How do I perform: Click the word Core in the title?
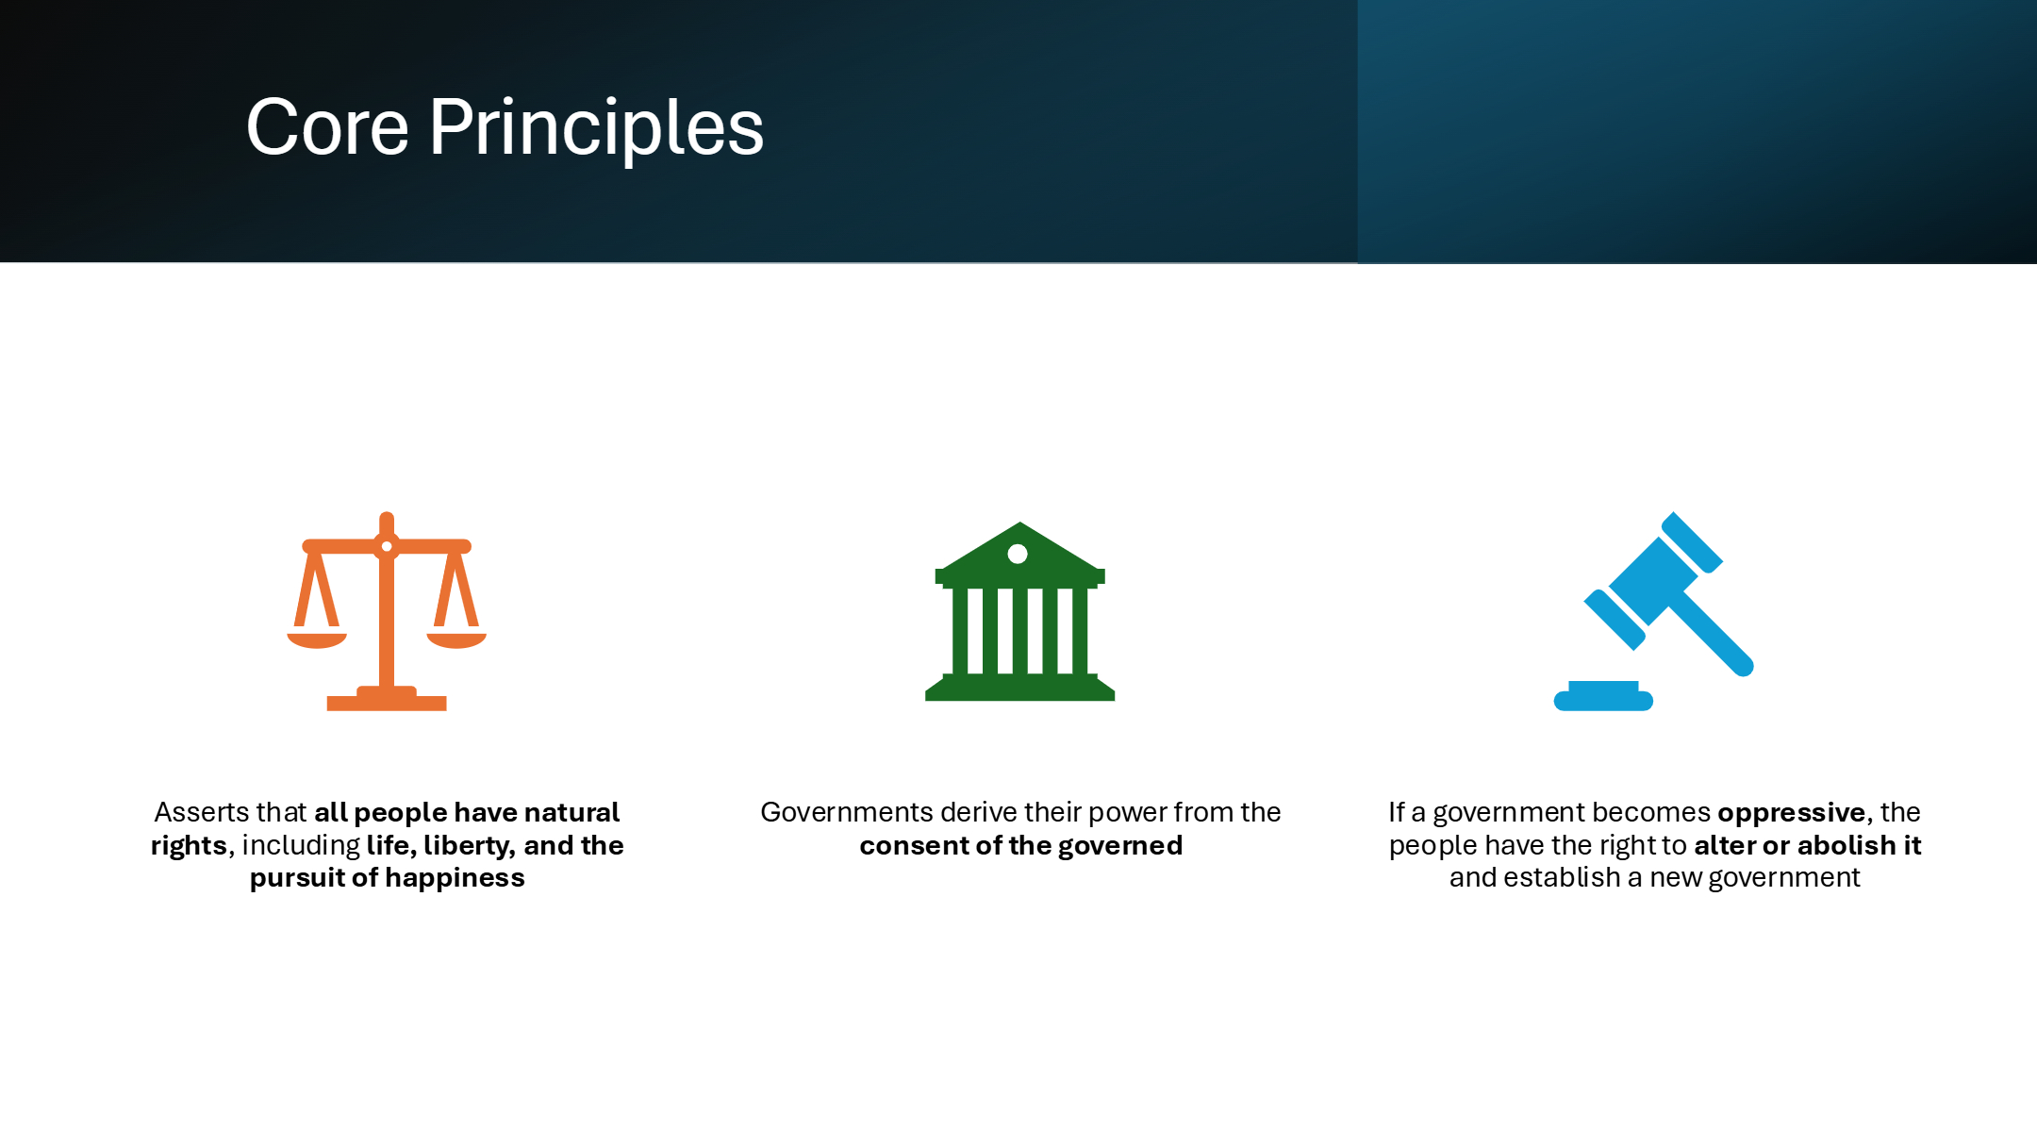(x=327, y=127)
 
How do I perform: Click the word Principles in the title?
(x=597, y=129)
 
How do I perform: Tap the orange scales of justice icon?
(x=387, y=611)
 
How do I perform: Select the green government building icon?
(x=1019, y=611)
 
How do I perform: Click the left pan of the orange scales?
(x=317, y=640)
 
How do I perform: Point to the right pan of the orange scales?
(x=456, y=640)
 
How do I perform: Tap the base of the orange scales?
(x=387, y=700)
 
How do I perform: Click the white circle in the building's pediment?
(x=1018, y=554)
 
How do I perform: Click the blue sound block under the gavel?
(x=1603, y=696)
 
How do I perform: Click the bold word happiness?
(x=452, y=878)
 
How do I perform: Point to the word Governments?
(x=847, y=812)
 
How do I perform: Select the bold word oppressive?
(x=1792, y=813)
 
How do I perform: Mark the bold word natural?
(x=571, y=812)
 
